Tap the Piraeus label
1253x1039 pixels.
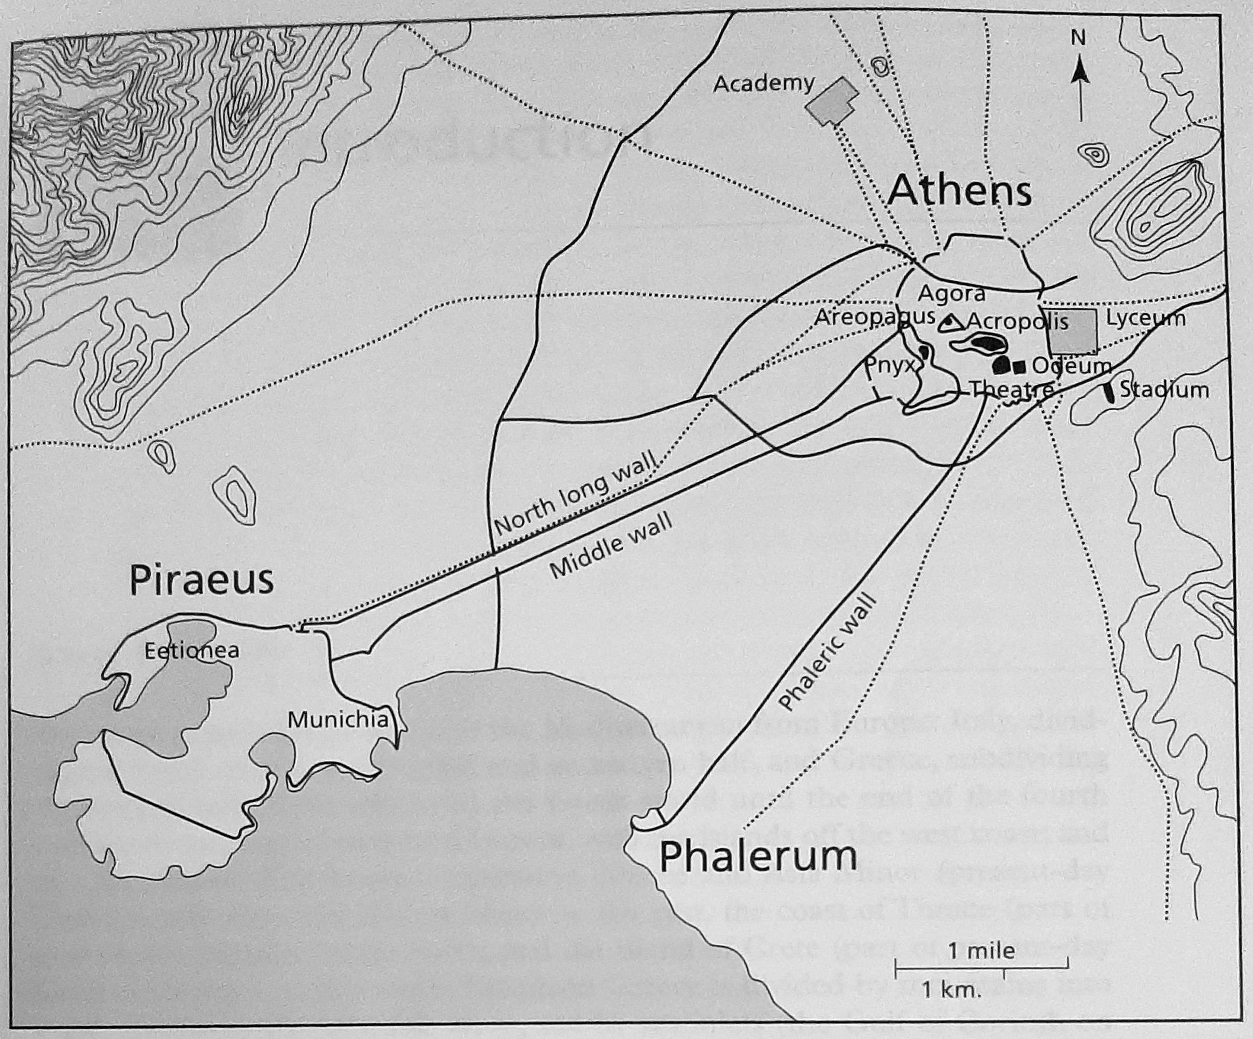coord(202,580)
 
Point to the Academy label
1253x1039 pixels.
coord(764,84)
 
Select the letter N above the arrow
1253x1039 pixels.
coord(1077,38)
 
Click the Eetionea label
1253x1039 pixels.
coord(192,650)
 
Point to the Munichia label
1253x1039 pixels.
coord(338,720)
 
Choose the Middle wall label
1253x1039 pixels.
coord(610,546)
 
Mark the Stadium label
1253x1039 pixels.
coord(1164,390)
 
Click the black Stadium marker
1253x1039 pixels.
coord(1110,391)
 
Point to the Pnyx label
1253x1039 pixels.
coord(890,366)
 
